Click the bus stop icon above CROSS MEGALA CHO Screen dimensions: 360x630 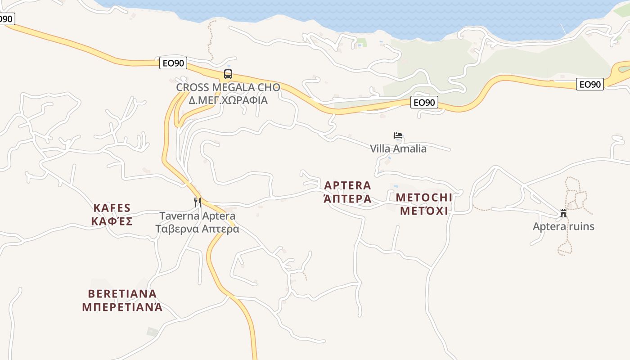(x=228, y=74)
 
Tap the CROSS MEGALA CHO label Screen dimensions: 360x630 (x=228, y=87)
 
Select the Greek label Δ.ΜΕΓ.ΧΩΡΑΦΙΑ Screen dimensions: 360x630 (x=228, y=100)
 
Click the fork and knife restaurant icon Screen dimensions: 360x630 (x=197, y=202)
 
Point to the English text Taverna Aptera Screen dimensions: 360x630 (x=198, y=216)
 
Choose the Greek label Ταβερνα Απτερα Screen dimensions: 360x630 (x=198, y=229)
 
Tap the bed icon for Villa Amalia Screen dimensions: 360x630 (x=398, y=135)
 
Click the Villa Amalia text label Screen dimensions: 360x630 (x=398, y=148)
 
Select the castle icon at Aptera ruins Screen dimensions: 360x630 (x=563, y=213)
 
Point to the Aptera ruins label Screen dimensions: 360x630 (x=563, y=226)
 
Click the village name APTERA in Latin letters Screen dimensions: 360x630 (x=348, y=185)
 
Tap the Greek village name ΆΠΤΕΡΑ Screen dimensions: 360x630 (x=348, y=198)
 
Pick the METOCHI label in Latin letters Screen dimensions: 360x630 (x=424, y=198)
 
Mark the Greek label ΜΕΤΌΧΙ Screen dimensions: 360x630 (x=424, y=211)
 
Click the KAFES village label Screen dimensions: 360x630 (x=112, y=208)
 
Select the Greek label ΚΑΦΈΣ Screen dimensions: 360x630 (x=112, y=221)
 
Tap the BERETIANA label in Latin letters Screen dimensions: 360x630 (x=122, y=294)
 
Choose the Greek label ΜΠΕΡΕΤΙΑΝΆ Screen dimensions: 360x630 (x=122, y=307)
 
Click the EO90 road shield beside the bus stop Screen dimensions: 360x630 (x=173, y=63)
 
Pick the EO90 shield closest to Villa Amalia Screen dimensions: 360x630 (x=424, y=103)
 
